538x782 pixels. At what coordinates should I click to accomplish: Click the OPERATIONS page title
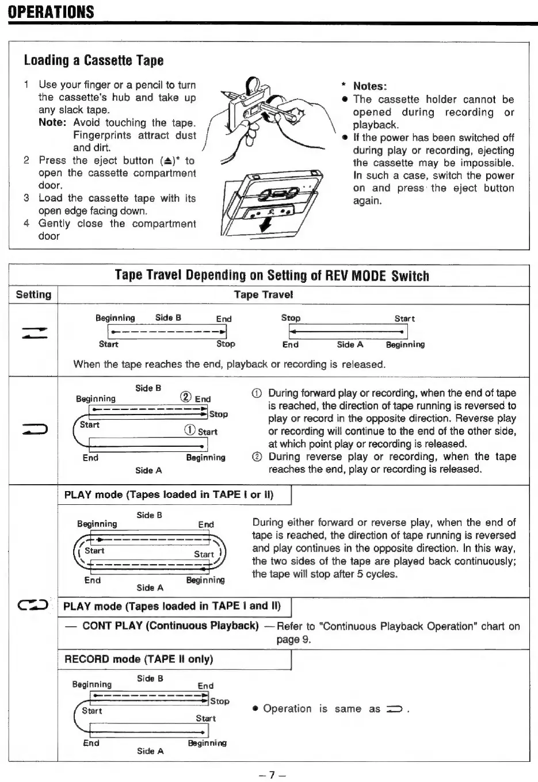click(51, 11)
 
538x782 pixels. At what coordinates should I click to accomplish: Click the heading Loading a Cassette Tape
click(93, 60)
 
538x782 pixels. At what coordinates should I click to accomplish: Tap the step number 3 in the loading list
click(26, 198)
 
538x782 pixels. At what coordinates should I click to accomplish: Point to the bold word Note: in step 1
click(53, 122)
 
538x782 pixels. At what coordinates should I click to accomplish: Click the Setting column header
click(33, 295)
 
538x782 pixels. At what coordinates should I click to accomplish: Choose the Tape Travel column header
click(263, 295)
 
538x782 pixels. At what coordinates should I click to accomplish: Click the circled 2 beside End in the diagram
click(186, 397)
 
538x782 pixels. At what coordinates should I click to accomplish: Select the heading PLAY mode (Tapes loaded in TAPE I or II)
click(169, 495)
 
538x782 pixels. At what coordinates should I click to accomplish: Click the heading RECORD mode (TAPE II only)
click(138, 659)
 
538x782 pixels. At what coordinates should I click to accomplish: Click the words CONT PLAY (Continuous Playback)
click(170, 626)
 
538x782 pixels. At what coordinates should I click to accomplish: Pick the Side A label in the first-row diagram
click(350, 344)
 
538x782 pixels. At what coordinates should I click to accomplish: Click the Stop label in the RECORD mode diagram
click(219, 701)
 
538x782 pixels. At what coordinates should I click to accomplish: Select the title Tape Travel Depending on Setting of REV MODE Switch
click(272, 275)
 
